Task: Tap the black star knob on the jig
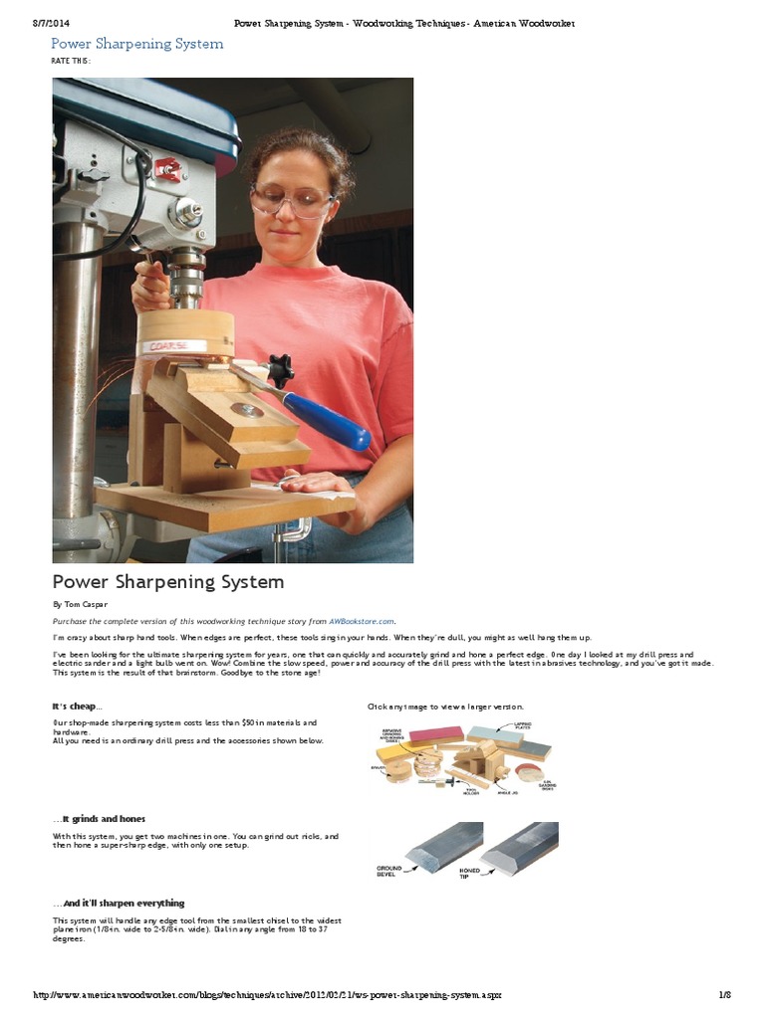pyautogui.click(x=280, y=370)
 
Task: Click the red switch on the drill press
pyautogui.click(x=168, y=170)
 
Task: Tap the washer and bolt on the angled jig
pyautogui.click(x=246, y=409)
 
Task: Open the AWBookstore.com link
pyautogui.click(x=363, y=620)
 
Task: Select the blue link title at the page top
pyautogui.click(x=136, y=44)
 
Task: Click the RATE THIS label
pyautogui.click(x=71, y=61)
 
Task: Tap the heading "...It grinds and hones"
pyautogui.click(x=99, y=818)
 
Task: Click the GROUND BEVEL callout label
pyautogui.click(x=389, y=871)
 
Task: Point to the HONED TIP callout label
pyautogui.click(x=470, y=872)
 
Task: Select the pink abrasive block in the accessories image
pyautogui.click(x=435, y=734)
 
